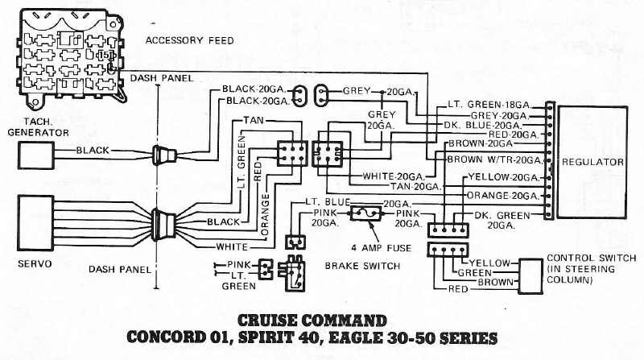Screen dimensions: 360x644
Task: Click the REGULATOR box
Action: (593, 163)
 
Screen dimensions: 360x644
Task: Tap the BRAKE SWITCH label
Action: (361, 265)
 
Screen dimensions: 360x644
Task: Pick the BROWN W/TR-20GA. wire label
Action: (494, 160)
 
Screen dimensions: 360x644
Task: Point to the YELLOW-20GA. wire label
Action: (502, 176)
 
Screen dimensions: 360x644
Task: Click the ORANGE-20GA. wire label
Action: (501, 195)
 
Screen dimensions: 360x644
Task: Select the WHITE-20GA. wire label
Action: (393, 176)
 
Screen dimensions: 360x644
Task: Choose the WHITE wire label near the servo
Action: (231, 246)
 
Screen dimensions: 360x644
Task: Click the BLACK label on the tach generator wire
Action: (93, 151)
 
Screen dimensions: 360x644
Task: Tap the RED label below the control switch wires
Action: (459, 288)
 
